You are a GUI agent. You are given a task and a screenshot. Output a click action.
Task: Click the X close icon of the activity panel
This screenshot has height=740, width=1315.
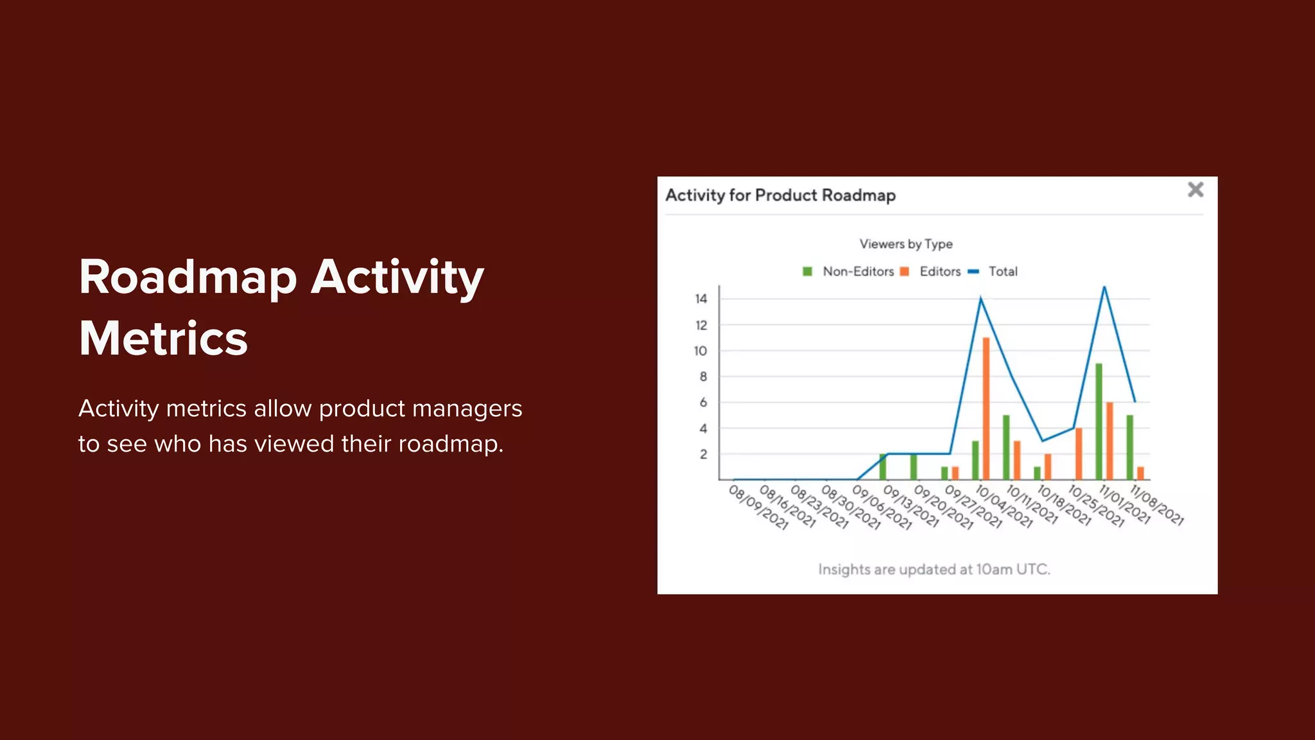(x=1195, y=189)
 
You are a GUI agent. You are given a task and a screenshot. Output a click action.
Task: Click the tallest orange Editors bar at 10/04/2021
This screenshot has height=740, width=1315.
(x=986, y=408)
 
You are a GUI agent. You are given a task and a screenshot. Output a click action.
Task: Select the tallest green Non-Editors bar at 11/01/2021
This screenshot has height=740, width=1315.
(x=1099, y=421)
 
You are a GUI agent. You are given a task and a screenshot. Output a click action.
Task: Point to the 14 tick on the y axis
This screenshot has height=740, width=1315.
(x=701, y=299)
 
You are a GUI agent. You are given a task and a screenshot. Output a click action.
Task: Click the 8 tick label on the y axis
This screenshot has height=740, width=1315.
(x=703, y=376)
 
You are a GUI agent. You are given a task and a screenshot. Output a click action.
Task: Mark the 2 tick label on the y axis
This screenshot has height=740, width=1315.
(x=703, y=454)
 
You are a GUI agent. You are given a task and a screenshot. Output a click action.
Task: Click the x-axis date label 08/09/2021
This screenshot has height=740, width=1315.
(x=758, y=507)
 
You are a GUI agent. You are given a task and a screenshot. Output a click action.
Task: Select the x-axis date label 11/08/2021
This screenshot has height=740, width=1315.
(x=1156, y=506)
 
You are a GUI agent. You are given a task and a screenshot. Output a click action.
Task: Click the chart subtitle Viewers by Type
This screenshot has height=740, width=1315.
(x=906, y=244)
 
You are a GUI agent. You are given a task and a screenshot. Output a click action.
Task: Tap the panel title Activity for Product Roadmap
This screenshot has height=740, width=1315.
(x=780, y=195)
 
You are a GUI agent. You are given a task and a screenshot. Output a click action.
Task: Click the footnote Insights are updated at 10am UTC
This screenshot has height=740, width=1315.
(x=934, y=569)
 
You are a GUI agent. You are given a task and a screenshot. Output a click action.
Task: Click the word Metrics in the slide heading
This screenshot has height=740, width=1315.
(x=163, y=339)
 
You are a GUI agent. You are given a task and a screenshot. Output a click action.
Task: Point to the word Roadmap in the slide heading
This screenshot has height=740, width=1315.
(x=187, y=277)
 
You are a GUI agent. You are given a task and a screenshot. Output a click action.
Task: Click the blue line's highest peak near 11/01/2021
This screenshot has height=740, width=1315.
(x=1104, y=288)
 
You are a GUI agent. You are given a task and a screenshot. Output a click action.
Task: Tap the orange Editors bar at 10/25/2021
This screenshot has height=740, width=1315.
(x=1079, y=454)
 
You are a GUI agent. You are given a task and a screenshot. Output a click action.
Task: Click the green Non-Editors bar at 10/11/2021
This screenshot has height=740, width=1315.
(x=1006, y=447)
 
